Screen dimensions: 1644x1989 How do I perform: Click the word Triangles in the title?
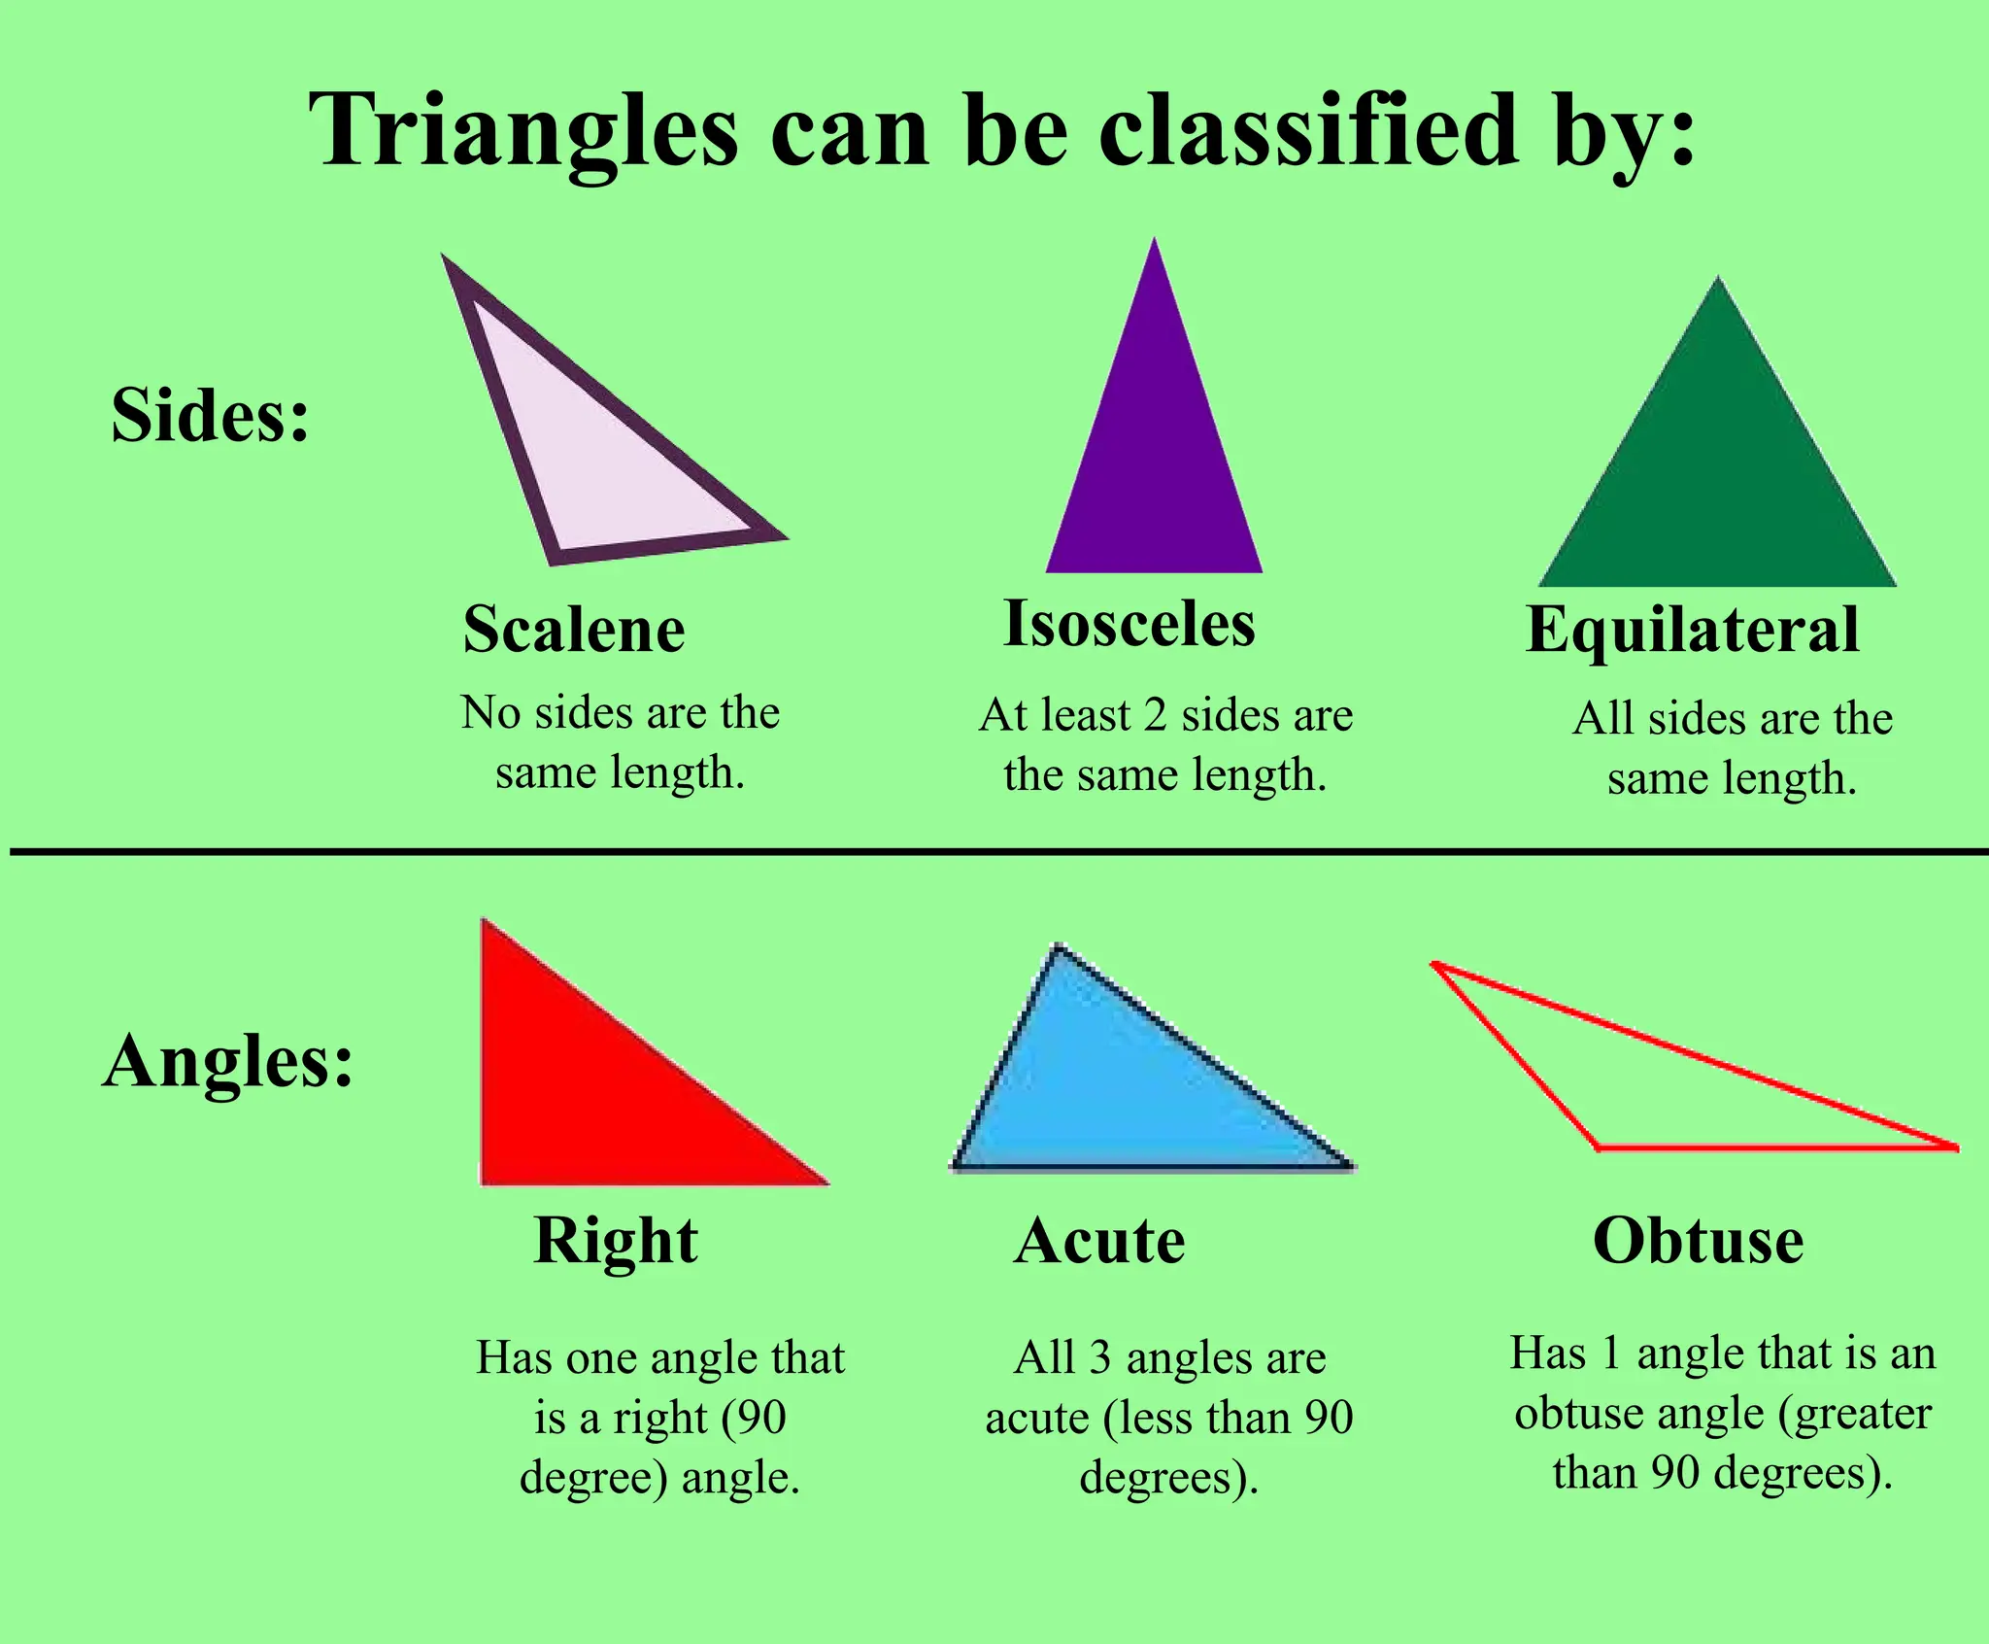pyautogui.click(x=523, y=131)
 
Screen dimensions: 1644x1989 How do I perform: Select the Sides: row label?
pyautogui.click(x=210, y=416)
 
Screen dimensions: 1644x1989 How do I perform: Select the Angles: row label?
pyautogui.click(x=228, y=1061)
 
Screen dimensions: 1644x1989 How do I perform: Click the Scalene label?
pyautogui.click(x=574, y=630)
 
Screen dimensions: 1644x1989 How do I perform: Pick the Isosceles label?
pyautogui.click(x=1129, y=624)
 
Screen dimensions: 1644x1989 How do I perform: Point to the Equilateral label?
pyautogui.click(x=1693, y=630)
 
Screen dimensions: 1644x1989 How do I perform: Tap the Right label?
pyautogui.click(x=616, y=1242)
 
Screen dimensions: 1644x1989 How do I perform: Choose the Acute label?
pyautogui.click(x=1099, y=1242)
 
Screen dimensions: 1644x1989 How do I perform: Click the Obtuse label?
pyautogui.click(x=1699, y=1241)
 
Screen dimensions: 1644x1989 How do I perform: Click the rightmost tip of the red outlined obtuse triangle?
pyautogui.click(x=1955, y=1147)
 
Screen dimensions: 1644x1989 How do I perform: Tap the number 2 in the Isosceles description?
pyautogui.click(x=1155, y=716)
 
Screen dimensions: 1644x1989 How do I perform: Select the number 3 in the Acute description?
pyautogui.click(x=1099, y=1359)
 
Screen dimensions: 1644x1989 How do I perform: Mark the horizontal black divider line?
pyautogui.click(x=994, y=852)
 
